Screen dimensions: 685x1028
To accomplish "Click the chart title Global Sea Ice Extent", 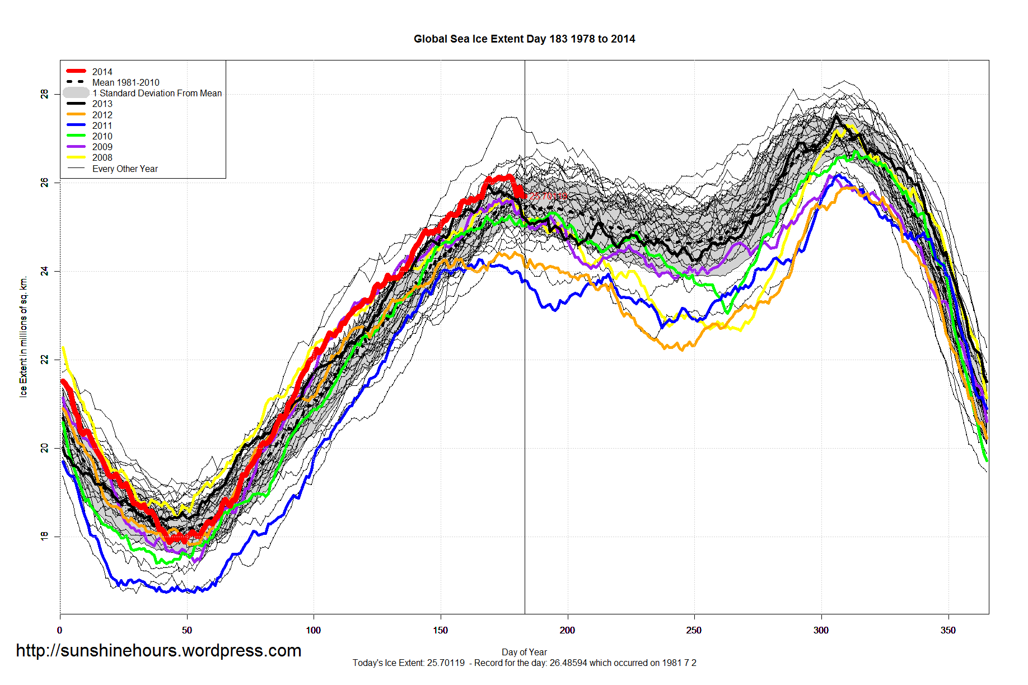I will [x=524, y=39].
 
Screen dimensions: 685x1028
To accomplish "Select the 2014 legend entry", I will [x=102, y=72].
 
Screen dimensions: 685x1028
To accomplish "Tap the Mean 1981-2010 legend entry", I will [x=125, y=82].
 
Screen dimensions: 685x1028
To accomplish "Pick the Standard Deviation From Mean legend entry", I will [x=157, y=93].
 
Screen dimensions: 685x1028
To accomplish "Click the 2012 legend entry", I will [x=102, y=115].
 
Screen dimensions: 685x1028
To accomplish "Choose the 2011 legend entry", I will [x=102, y=125].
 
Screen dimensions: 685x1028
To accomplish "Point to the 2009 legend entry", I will [x=102, y=147].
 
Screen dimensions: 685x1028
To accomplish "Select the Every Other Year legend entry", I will [x=125, y=169].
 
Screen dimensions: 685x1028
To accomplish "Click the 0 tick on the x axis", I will [x=60, y=630].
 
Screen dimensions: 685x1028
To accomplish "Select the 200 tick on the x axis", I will [x=567, y=630].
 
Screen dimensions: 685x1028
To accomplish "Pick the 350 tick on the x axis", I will [x=948, y=630].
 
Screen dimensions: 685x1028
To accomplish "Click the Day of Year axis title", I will [x=524, y=652].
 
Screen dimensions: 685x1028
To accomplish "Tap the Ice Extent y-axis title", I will [x=24, y=337].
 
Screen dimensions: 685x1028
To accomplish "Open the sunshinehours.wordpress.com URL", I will [x=158, y=650].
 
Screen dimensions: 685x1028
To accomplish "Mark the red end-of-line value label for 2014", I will [x=548, y=195].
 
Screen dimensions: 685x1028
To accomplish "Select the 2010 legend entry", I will [x=102, y=136].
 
